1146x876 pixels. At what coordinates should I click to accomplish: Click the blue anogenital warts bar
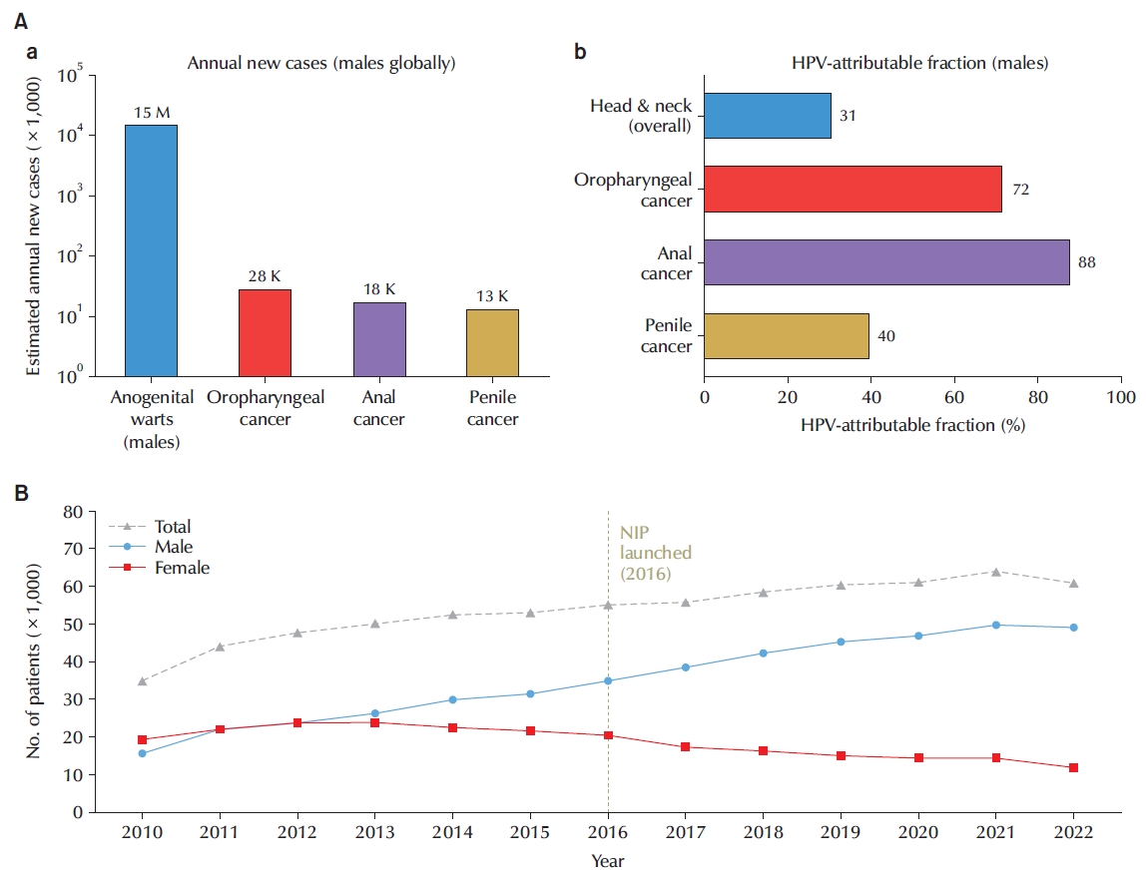152,250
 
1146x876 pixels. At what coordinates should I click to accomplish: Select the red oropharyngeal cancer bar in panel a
265,333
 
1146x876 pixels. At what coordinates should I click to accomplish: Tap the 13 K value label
492,296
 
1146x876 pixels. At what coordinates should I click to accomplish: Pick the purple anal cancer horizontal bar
886,262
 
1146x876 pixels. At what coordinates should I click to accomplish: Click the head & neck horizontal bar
768,116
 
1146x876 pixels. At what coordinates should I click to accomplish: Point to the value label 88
1087,262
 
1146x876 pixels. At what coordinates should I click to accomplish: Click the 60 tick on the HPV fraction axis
953,397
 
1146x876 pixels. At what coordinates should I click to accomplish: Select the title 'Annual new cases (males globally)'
321,64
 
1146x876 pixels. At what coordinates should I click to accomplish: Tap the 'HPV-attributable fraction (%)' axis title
912,425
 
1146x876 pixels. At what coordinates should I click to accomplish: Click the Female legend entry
160,568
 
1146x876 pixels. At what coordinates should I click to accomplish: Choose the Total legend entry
150,526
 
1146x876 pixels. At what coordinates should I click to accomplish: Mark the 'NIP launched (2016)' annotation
655,553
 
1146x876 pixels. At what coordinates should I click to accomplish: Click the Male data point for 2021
995,625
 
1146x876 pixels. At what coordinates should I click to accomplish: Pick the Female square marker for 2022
1074,768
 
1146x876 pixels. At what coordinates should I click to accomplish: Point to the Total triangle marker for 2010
143,680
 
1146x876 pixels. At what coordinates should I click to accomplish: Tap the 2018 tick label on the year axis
763,832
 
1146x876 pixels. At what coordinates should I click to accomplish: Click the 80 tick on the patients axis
73,512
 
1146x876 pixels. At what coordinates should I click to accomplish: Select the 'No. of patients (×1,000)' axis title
34,660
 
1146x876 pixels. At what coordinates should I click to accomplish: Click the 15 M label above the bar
152,113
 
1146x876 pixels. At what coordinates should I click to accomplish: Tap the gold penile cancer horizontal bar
787,336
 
